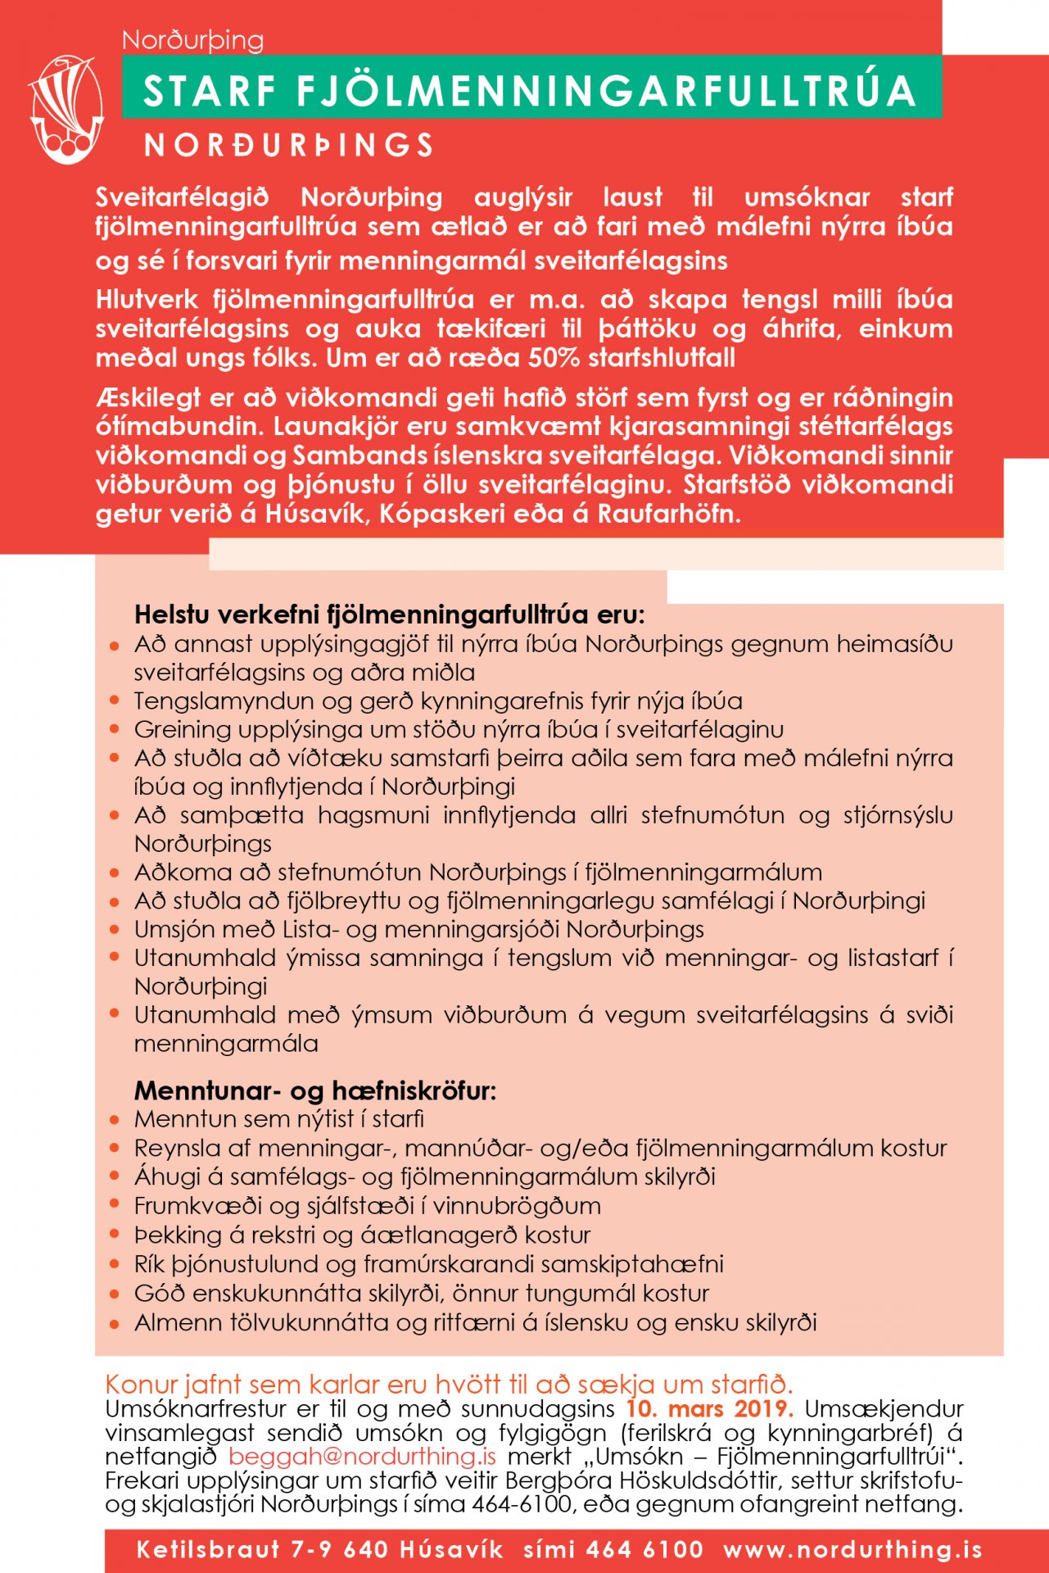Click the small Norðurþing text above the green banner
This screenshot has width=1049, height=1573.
(x=192, y=40)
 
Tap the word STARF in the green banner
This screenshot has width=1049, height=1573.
(x=210, y=91)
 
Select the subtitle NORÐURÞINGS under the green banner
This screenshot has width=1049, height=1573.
(x=288, y=146)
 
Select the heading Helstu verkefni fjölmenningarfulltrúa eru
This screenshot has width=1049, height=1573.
(x=389, y=614)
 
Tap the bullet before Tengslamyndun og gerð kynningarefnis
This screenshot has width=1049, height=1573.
(x=115, y=701)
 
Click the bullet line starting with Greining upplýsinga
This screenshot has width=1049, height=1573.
(x=459, y=729)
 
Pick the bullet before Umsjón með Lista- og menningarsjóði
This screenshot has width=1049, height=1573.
(x=115, y=930)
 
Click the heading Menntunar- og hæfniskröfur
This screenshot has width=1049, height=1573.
(x=315, y=1090)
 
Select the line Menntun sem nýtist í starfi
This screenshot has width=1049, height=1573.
(x=279, y=1119)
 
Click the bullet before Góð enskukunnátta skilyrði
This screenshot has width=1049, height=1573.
(x=115, y=1294)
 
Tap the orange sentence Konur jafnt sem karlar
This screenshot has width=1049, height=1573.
(x=449, y=1385)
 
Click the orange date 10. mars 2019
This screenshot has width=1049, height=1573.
(x=709, y=1409)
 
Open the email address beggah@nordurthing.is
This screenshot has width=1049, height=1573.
(x=362, y=1457)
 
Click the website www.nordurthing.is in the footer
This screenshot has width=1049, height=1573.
(x=852, y=1550)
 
